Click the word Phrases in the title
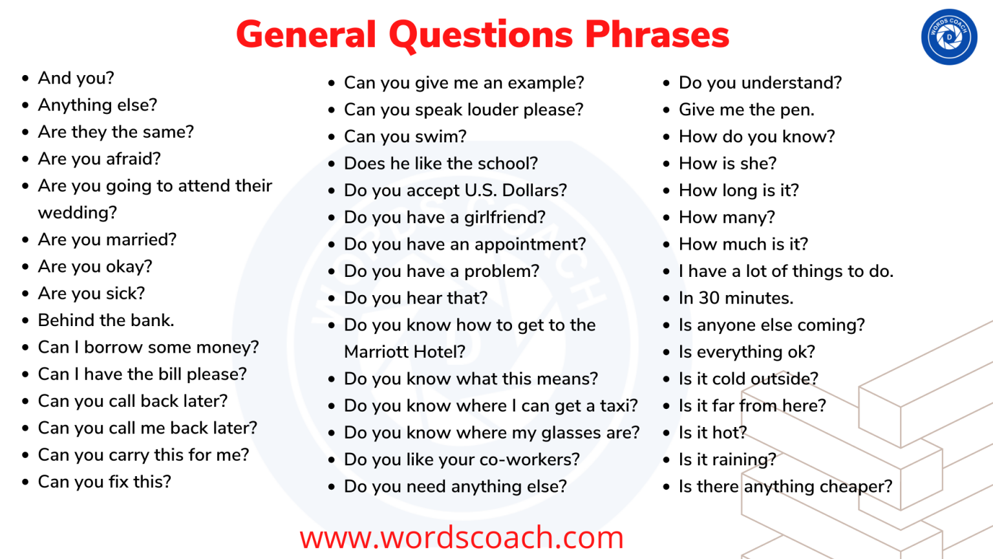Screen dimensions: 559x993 click(657, 35)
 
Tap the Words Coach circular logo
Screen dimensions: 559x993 click(949, 37)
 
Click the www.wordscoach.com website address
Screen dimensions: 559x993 click(462, 538)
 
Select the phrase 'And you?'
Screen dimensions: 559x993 click(76, 78)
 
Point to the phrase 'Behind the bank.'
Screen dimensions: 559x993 click(106, 320)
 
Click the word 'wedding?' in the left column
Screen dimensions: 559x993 click(78, 213)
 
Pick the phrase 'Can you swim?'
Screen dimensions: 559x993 click(405, 137)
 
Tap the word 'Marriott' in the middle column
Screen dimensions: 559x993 click(376, 352)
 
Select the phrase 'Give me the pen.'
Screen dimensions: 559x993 click(746, 110)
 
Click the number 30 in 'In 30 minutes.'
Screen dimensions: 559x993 click(709, 298)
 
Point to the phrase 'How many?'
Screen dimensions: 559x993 click(727, 217)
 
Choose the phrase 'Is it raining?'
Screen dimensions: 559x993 click(727, 459)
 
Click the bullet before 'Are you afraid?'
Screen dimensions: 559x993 click(26, 159)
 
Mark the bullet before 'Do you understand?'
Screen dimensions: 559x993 click(667, 83)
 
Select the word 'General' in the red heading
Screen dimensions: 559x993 click(306, 35)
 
